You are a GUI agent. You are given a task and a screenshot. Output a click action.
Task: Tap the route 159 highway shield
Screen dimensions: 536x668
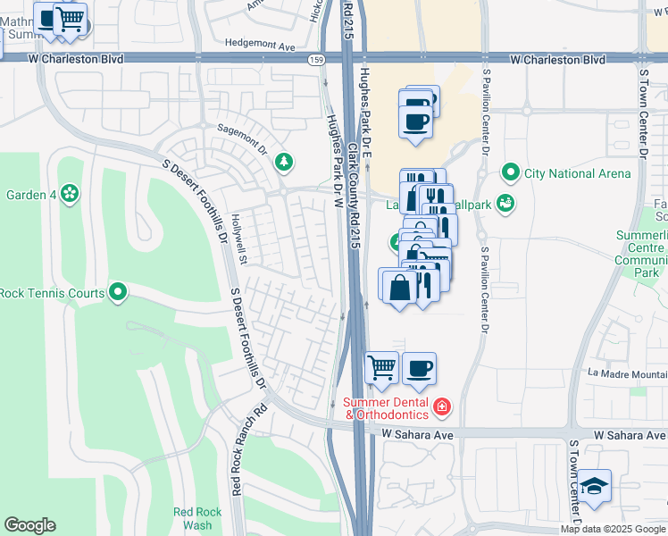316,60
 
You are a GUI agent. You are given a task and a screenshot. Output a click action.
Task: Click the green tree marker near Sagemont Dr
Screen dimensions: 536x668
284,162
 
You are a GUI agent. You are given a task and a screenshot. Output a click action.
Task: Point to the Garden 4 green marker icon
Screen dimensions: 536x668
70,194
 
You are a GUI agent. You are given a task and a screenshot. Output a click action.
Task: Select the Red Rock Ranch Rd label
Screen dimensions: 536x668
237,452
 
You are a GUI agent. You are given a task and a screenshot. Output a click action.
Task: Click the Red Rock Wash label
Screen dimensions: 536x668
192,518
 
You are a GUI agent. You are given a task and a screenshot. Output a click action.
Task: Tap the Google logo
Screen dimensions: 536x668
29,525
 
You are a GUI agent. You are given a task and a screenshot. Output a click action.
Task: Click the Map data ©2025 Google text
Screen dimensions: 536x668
612,529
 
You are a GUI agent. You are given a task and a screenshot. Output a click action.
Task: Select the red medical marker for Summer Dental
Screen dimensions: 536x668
441,408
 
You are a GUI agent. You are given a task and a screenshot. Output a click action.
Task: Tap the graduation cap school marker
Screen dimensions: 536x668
593,487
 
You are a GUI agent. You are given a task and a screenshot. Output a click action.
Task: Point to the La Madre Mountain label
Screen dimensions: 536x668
627,373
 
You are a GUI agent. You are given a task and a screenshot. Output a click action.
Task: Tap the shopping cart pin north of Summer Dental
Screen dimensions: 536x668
382,367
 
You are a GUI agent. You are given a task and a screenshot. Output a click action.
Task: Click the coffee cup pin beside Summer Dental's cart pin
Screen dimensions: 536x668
419,367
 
